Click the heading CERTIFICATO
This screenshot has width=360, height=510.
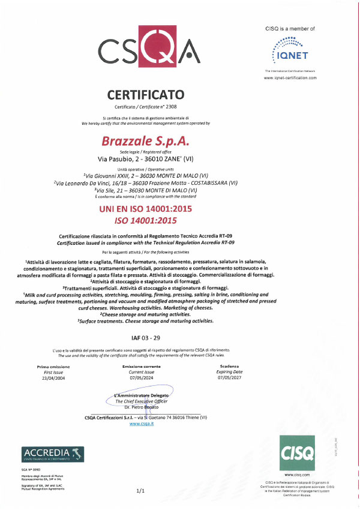click(146, 94)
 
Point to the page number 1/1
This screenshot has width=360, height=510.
click(142, 491)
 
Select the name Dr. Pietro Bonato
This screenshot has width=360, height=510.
click(143, 407)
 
